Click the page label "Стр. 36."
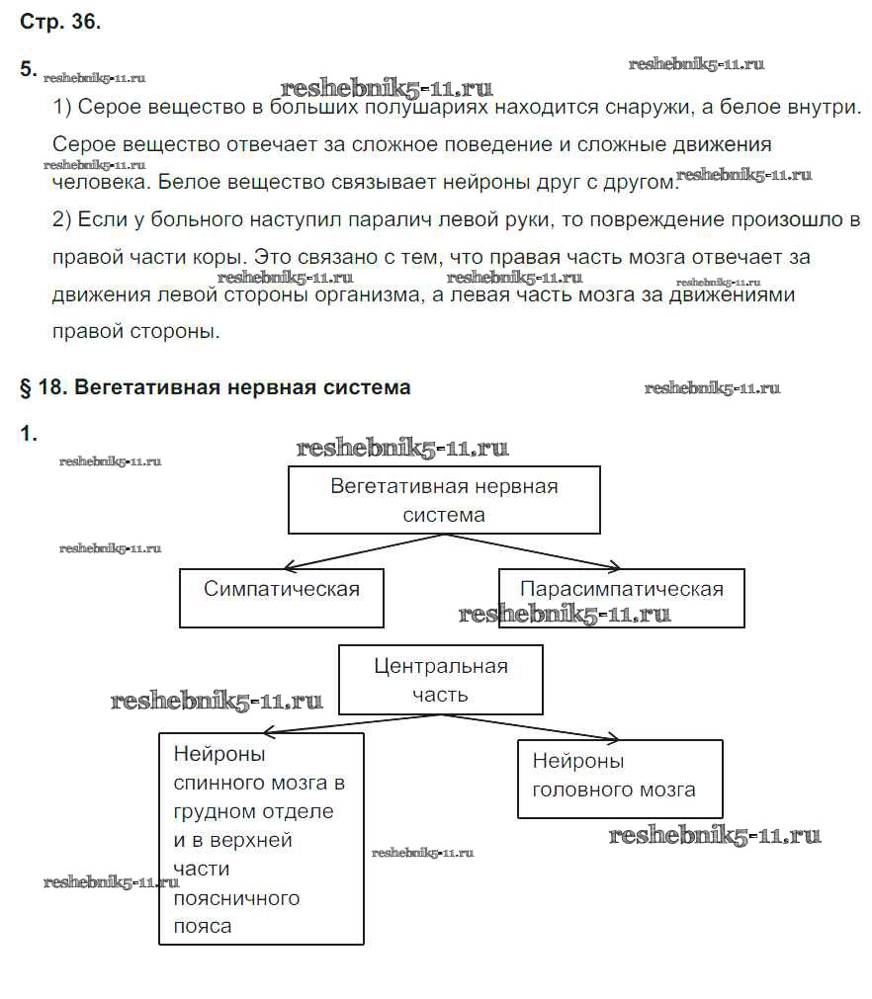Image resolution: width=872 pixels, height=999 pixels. [x=59, y=23]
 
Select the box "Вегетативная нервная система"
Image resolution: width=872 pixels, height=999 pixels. [x=444, y=500]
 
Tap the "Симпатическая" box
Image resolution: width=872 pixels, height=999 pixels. [x=282, y=597]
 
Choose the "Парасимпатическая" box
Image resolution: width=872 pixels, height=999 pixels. [x=621, y=597]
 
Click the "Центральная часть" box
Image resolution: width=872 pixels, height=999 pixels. [x=441, y=679]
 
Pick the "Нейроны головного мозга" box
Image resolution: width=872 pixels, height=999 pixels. [x=620, y=778]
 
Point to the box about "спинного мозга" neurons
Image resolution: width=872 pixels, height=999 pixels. [x=261, y=838]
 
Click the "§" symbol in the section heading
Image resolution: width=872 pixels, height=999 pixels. [x=26, y=387]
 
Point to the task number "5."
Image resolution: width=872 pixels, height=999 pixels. [x=29, y=69]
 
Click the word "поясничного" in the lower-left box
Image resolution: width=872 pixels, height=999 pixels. [x=236, y=898]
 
